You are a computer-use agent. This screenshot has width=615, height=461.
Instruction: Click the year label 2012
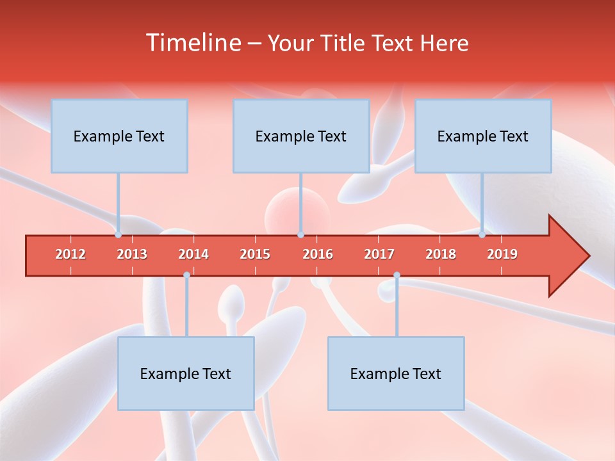pyautogui.click(x=70, y=254)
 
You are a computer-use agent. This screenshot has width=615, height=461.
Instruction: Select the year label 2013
pyautogui.click(x=132, y=254)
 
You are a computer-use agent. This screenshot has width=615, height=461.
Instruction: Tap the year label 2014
pyautogui.click(x=193, y=254)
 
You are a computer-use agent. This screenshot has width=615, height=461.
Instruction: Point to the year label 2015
pyautogui.click(x=255, y=254)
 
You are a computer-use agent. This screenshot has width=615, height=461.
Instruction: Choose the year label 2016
pyautogui.click(x=318, y=254)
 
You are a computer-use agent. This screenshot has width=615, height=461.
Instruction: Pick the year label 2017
pyautogui.click(x=379, y=254)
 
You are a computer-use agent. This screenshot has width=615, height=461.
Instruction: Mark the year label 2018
pyautogui.click(x=441, y=254)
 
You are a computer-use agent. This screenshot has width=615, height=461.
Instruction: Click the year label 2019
pyautogui.click(x=502, y=254)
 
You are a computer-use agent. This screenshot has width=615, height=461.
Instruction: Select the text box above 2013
pyautogui.click(x=119, y=136)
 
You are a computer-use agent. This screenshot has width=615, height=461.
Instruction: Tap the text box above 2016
pyautogui.click(x=301, y=136)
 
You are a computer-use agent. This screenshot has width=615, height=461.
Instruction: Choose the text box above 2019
pyautogui.click(x=483, y=136)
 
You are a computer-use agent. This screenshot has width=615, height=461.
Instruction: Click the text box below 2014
pyautogui.click(x=186, y=373)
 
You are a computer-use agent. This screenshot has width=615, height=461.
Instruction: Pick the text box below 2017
pyautogui.click(x=396, y=373)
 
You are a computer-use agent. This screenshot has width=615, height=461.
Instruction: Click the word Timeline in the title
pyautogui.click(x=192, y=43)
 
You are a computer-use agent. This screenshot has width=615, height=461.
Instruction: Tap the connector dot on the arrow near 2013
pyautogui.click(x=119, y=235)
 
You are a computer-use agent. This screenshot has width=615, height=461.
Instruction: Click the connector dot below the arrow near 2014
pyautogui.click(x=186, y=275)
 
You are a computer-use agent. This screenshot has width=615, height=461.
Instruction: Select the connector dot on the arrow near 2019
pyautogui.click(x=482, y=235)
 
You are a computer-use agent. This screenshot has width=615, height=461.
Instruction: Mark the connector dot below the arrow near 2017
pyautogui.click(x=397, y=275)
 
